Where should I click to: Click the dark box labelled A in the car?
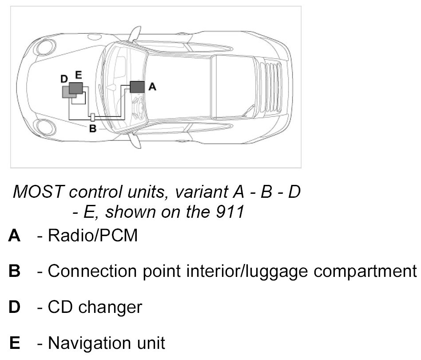pyautogui.click(x=137, y=86)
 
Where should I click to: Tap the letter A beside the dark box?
pyautogui.click(x=152, y=87)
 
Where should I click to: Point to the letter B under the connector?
pyautogui.click(x=93, y=129)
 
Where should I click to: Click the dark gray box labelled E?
pyautogui.click(x=76, y=88)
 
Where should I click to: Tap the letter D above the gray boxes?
pyautogui.click(x=64, y=79)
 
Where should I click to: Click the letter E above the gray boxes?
pyautogui.click(x=78, y=76)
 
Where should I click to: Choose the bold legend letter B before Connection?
pyautogui.click(x=14, y=271)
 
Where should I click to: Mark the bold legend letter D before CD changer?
pyautogui.click(x=14, y=307)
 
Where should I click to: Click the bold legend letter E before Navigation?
pyautogui.click(x=14, y=343)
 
